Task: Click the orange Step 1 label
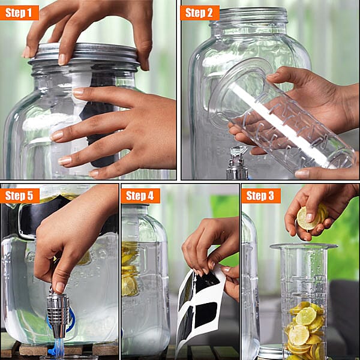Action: [x=19, y=13]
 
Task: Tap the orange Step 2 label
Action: [x=199, y=13]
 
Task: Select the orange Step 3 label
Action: [x=260, y=196]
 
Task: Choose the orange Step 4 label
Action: [x=140, y=196]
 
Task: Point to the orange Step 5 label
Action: [x=19, y=196]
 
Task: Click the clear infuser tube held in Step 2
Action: [x=288, y=120]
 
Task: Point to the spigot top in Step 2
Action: [x=238, y=153]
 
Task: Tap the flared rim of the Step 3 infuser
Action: [x=303, y=247]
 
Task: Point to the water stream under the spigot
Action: [x=58, y=348]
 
